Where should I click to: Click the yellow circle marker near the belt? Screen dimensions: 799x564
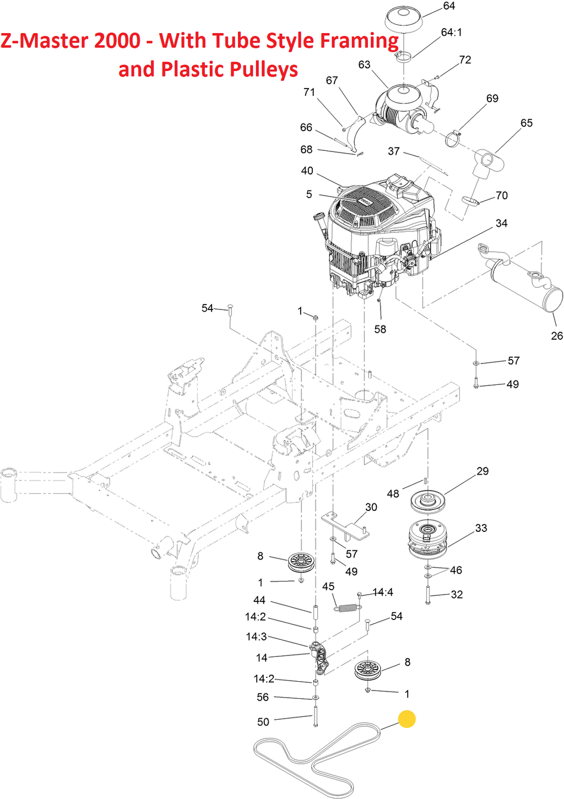(x=406, y=719)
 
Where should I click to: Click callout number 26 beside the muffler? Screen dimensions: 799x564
(x=557, y=335)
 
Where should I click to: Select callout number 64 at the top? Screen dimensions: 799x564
(x=449, y=6)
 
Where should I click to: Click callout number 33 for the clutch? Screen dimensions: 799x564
(x=481, y=528)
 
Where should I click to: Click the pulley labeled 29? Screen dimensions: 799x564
(x=427, y=500)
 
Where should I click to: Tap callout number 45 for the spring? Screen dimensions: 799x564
(x=328, y=586)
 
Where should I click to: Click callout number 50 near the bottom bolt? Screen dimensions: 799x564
(x=263, y=722)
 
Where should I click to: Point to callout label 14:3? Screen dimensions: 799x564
(x=256, y=637)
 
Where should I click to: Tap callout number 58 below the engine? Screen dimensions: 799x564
(x=380, y=329)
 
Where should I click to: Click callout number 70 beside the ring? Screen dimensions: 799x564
(x=501, y=195)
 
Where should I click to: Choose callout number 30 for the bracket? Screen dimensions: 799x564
(x=371, y=507)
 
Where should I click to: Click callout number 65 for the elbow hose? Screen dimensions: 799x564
(x=527, y=123)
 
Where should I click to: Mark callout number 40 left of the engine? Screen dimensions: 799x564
(x=307, y=171)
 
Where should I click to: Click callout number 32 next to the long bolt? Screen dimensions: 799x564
(x=457, y=595)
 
